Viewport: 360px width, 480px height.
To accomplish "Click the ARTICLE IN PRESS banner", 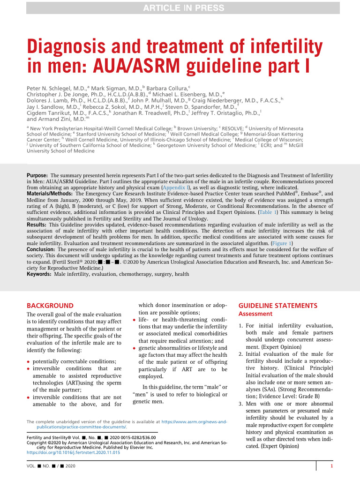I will tap(180, 7).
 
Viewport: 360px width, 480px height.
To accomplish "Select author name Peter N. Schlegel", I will tap(51, 88).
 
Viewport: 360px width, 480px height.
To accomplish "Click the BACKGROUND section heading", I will tap(50, 306).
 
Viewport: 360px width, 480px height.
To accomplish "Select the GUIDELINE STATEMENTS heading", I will tap(278, 306).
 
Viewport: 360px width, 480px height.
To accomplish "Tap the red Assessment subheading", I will tap(255, 314).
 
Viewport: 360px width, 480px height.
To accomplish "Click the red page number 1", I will tap(331, 466).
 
